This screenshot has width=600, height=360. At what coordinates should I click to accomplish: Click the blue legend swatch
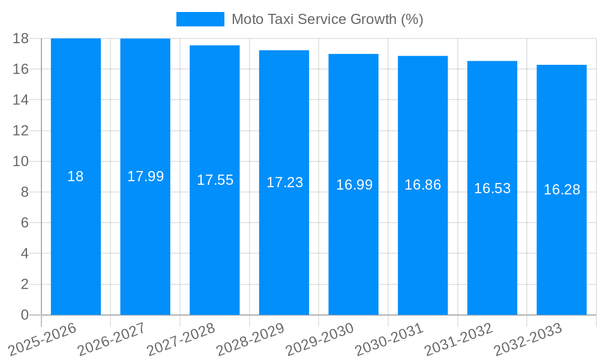[x=200, y=19]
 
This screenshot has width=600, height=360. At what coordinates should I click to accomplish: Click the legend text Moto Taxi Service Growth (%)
[x=327, y=19]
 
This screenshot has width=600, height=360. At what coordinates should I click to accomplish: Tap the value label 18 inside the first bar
[x=76, y=176]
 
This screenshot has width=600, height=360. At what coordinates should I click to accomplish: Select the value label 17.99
[x=145, y=176]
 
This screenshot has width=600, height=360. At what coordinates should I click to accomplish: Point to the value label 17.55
[x=215, y=180]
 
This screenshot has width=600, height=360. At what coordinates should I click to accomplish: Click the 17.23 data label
[x=284, y=182]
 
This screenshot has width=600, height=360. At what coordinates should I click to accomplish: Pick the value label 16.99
[x=354, y=185]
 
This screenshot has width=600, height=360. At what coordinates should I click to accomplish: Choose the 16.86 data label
[x=422, y=185]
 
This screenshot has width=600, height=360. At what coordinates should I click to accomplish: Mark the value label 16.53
[x=492, y=188]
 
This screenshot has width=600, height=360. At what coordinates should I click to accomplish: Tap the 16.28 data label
[x=562, y=190]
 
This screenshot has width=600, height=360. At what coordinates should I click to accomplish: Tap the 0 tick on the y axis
[x=25, y=315]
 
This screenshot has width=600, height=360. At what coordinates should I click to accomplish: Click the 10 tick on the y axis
[x=21, y=161]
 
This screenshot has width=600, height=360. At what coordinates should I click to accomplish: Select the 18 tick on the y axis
[x=21, y=38]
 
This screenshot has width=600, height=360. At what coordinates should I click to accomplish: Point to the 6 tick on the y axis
[x=25, y=223]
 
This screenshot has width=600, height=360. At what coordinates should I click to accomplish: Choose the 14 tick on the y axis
[x=21, y=100]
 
